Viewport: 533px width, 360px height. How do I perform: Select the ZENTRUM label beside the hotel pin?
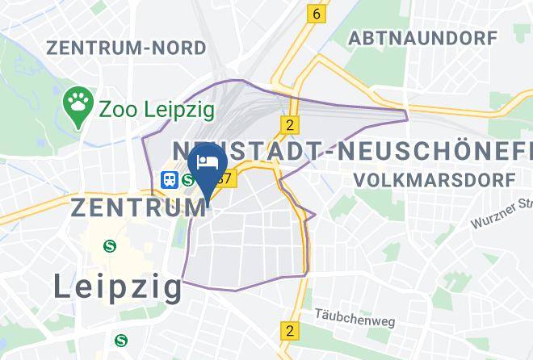(138, 207)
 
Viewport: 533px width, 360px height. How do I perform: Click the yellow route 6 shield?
(317, 14)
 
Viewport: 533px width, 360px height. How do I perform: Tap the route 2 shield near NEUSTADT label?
(288, 124)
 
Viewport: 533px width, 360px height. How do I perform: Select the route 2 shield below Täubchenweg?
(289, 330)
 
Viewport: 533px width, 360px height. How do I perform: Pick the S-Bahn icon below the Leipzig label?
(120, 340)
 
